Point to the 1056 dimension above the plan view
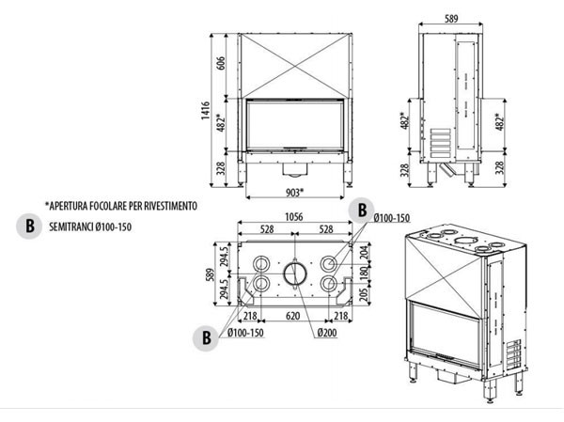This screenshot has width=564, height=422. coord(295,215)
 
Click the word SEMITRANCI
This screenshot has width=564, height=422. coord(79,227)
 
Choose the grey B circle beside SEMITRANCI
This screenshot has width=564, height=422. coord(31,226)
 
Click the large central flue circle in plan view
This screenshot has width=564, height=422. coord(295,274)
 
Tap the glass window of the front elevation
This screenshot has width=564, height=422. coord(294,124)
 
